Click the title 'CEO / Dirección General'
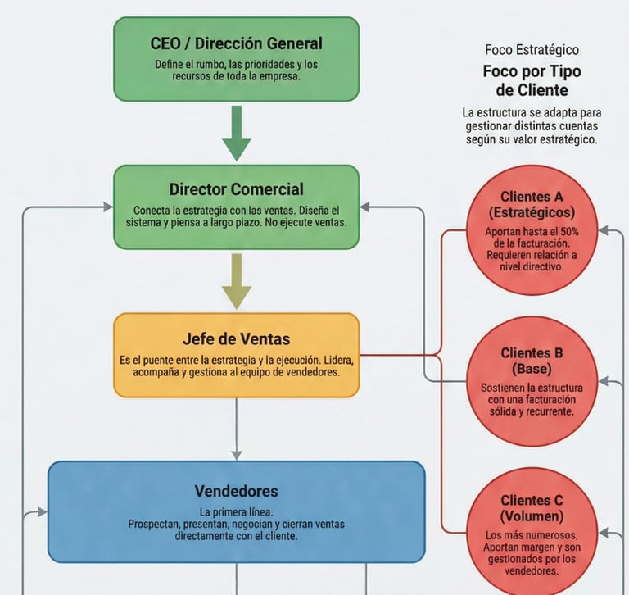click(x=236, y=43)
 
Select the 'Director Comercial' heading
click(x=236, y=189)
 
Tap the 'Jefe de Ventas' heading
click(x=236, y=338)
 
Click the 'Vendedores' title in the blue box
click(x=236, y=491)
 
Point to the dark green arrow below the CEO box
click(x=237, y=134)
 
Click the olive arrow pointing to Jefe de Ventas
click(x=237, y=281)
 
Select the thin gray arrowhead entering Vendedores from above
click(x=237, y=456)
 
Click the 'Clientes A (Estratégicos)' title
click(x=532, y=204)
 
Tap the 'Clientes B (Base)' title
click(x=532, y=361)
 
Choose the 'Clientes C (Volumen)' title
click(x=532, y=508)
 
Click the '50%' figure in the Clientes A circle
click(x=569, y=232)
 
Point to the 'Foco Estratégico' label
click(x=532, y=50)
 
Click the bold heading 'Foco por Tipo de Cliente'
click(x=532, y=80)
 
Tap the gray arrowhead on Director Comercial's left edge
click(x=108, y=207)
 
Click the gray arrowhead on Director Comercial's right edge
click(x=364, y=207)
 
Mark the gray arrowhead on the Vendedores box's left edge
click(x=42, y=512)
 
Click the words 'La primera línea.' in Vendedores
click(x=236, y=512)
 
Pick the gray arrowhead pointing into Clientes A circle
click(x=604, y=230)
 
